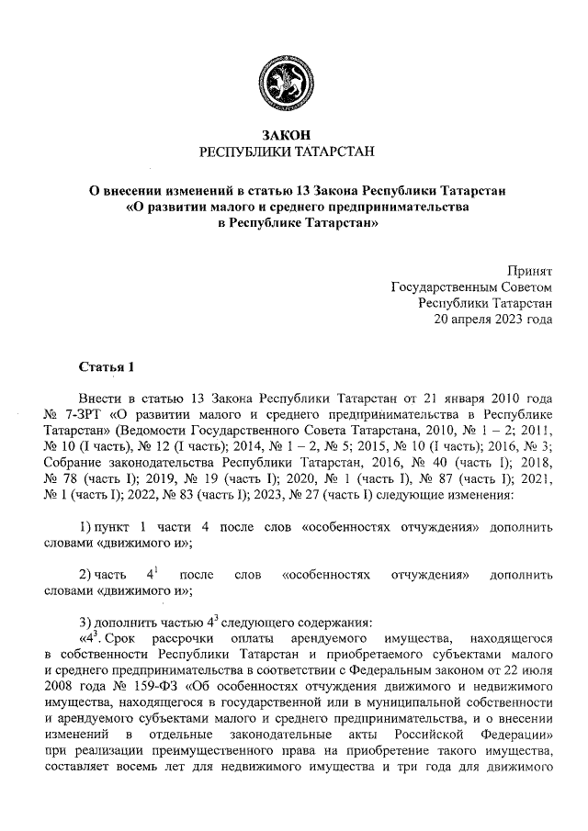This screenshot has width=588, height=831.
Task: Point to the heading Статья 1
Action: coord(107,368)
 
